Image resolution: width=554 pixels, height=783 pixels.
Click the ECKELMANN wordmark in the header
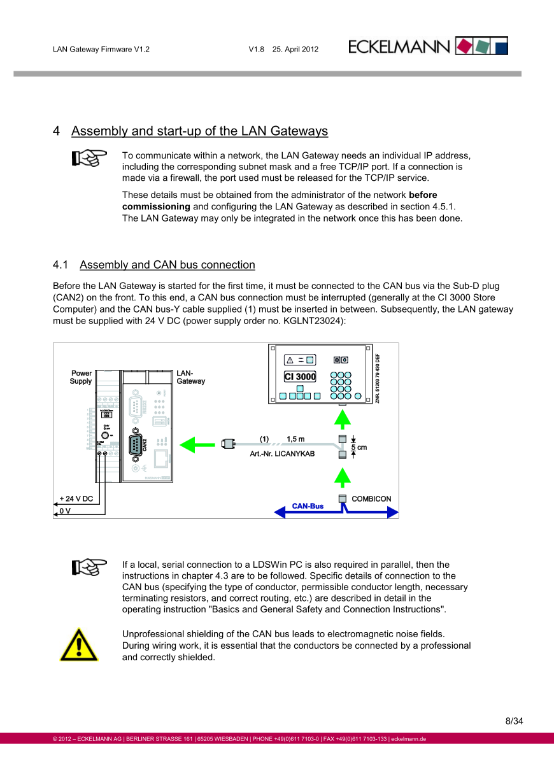click(x=399, y=46)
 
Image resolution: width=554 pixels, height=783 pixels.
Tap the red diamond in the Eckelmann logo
click(x=465, y=46)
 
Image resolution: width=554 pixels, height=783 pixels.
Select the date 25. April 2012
click(x=295, y=49)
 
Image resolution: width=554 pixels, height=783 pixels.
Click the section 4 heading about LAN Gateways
click(x=199, y=131)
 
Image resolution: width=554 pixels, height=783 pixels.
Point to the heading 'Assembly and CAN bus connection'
click(x=167, y=265)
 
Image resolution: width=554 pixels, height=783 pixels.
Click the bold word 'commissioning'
click(x=156, y=206)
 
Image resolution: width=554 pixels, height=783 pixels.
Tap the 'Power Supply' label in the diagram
click(x=81, y=377)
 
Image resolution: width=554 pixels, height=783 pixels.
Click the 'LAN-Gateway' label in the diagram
click(x=190, y=377)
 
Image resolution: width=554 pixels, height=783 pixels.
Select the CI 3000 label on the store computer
click(x=300, y=377)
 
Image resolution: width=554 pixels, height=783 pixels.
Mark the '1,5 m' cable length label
click(x=295, y=439)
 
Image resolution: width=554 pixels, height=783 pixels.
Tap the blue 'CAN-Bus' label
click(x=308, y=506)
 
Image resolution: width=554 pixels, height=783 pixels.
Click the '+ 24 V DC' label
click(x=76, y=498)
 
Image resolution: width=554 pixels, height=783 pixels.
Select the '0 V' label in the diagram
click(x=65, y=511)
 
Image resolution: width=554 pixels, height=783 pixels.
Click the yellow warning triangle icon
click(x=79, y=644)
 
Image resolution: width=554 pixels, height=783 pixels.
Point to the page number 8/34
click(x=514, y=721)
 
